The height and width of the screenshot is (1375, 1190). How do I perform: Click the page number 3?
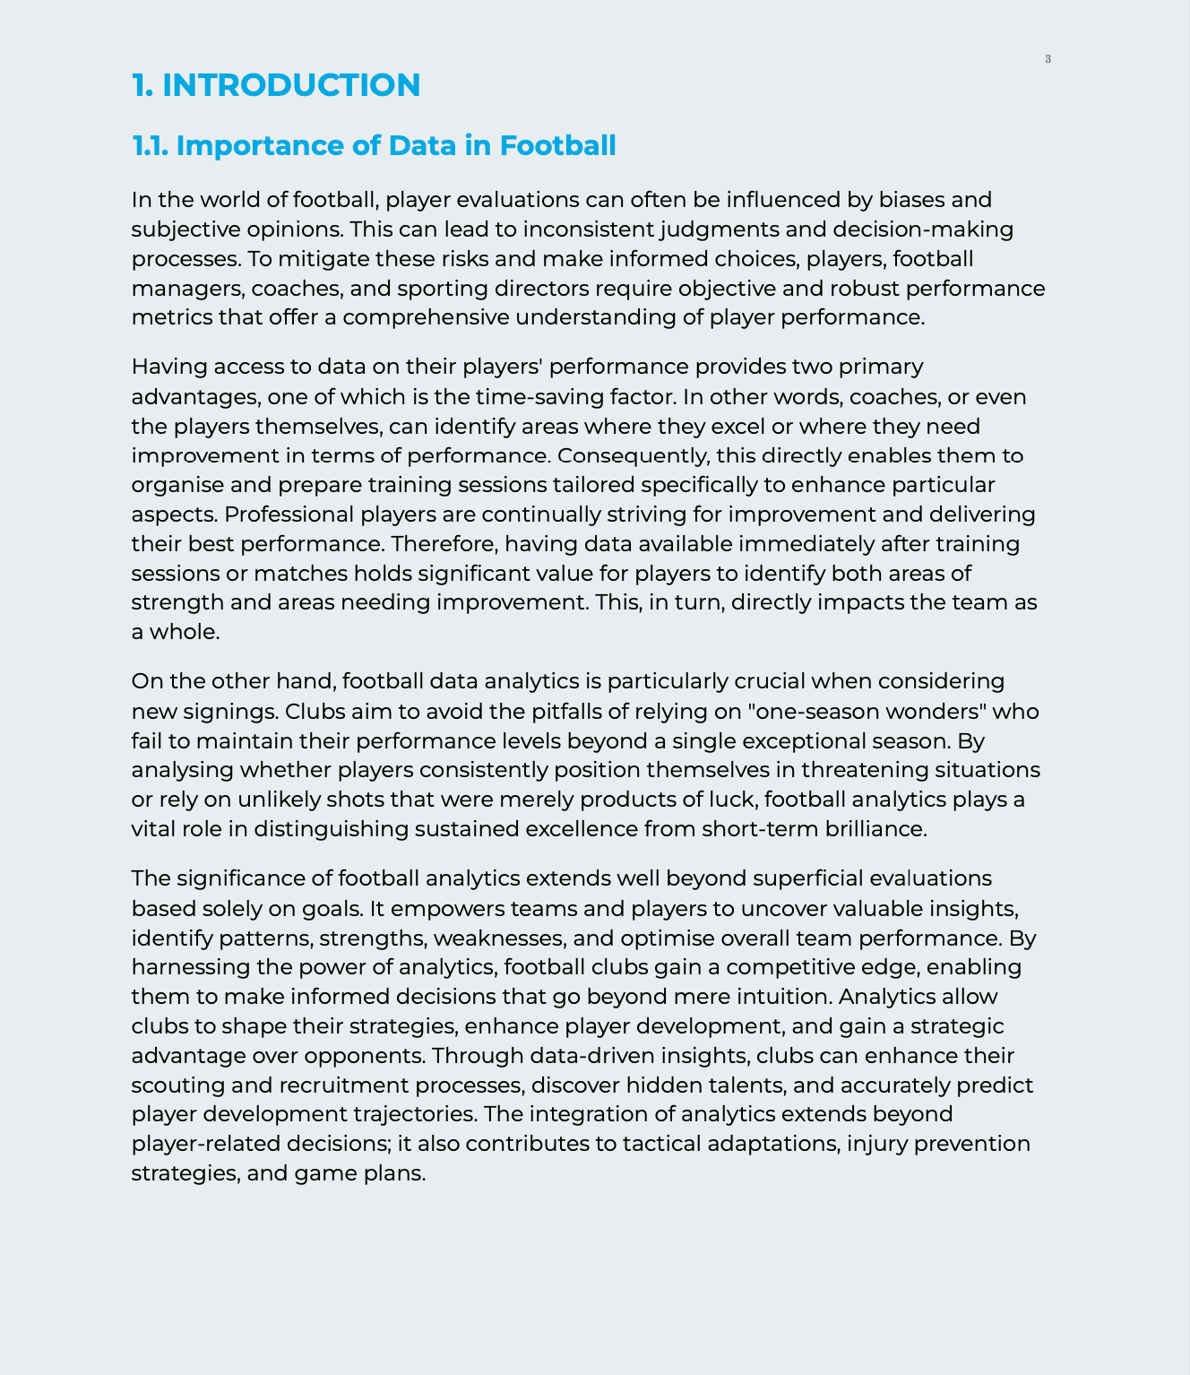[x=1048, y=59]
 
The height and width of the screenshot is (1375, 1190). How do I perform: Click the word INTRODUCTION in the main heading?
[x=291, y=85]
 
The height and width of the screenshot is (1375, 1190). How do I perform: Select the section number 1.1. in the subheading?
[x=151, y=145]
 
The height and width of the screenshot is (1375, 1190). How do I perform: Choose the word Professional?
[x=289, y=515]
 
